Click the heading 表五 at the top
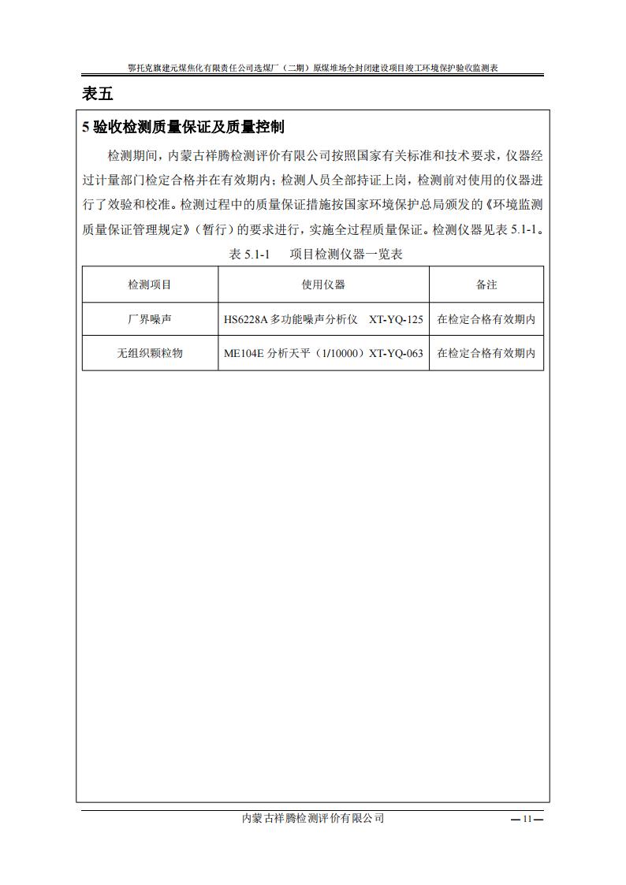[98, 94]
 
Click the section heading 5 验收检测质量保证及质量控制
[183, 127]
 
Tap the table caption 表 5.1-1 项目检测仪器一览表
[315, 254]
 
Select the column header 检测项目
[150, 284]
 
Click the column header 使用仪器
[323, 284]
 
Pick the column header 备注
[486, 284]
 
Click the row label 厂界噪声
[150, 319]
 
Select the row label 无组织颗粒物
[150, 353]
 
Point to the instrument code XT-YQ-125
[396, 319]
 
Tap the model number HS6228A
[246, 319]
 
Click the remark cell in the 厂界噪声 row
[486, 319]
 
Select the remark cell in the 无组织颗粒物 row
[486, 353]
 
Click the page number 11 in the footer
[527, 819]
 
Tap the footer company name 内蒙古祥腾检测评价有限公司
[313, 819]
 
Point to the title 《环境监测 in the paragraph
[513, 204]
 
